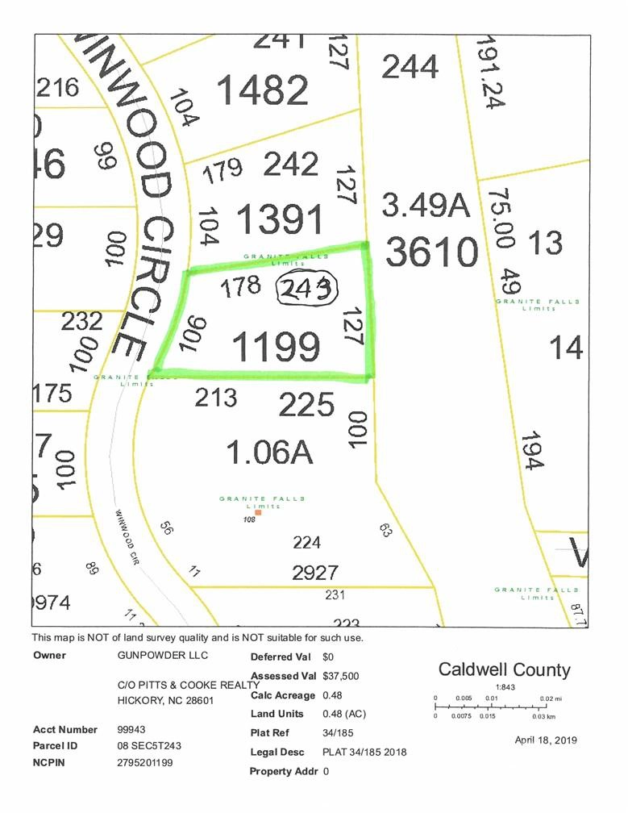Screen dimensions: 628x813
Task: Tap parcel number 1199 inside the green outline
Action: click(275, 346)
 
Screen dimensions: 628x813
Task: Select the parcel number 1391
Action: click(280, 219)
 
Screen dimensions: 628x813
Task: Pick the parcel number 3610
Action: click(431, 252)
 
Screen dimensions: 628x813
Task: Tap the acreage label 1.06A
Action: click(268, 452)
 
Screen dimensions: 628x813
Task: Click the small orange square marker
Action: click(258, 513)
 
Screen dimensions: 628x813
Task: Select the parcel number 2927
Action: click(314, 572)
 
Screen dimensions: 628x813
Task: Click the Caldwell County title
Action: click(504, 669)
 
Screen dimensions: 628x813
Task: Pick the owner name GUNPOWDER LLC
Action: click(153, 656)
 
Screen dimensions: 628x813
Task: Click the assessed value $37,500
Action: click(340, 676)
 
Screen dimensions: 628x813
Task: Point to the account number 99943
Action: click(132, 730)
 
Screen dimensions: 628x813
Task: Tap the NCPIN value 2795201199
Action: click(144, 762)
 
